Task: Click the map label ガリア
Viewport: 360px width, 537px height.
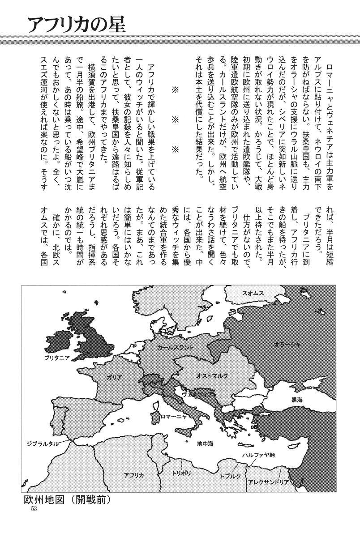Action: [x=114, y=377]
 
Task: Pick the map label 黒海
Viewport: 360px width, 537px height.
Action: [x=297, y=399]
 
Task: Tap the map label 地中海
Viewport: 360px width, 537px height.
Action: [x=207, y=443]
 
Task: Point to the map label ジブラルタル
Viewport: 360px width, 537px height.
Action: [x=41, y=443]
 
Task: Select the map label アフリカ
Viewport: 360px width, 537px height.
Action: [x=133, y=475]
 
